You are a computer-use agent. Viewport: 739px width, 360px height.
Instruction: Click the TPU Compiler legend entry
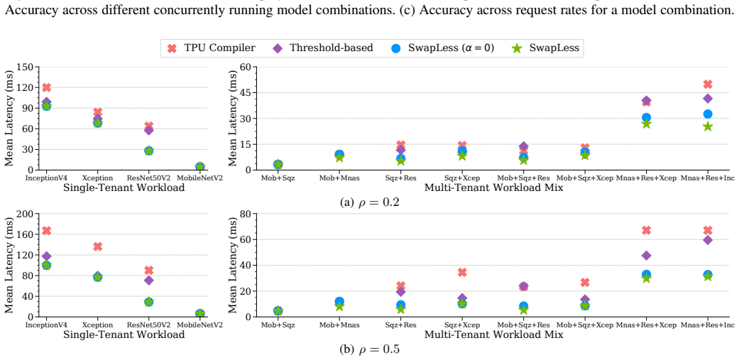tap(211, 48)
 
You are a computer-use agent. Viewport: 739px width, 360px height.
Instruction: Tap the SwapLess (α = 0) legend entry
tap(442, 48)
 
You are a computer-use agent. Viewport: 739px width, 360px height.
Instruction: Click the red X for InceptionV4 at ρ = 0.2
tap(46, 87)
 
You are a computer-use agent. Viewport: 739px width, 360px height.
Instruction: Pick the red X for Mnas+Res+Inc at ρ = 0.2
tap(707, 84)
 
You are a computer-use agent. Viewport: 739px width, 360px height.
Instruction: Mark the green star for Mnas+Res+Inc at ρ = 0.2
tap(707, 126)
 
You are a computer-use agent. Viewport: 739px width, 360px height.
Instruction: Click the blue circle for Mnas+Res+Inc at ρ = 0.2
tap(707, 114)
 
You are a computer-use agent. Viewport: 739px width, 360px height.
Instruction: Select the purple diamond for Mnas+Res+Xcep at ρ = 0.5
tap(646, 256)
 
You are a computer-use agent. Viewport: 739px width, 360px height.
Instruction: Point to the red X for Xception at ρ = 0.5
tap(97, 246)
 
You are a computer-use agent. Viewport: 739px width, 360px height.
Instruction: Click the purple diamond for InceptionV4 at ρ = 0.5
tap(46, 256)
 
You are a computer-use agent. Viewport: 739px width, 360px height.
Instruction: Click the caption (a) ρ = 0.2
tap(370, 202)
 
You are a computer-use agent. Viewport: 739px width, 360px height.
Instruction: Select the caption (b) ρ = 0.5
tap(370, 349)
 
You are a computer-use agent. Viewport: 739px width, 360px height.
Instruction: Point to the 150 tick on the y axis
tap(25, 67)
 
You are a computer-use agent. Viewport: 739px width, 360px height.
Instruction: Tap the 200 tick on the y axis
tap(25, 214)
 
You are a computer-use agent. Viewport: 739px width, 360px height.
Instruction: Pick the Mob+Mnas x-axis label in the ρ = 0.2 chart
tap(339, 178)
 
